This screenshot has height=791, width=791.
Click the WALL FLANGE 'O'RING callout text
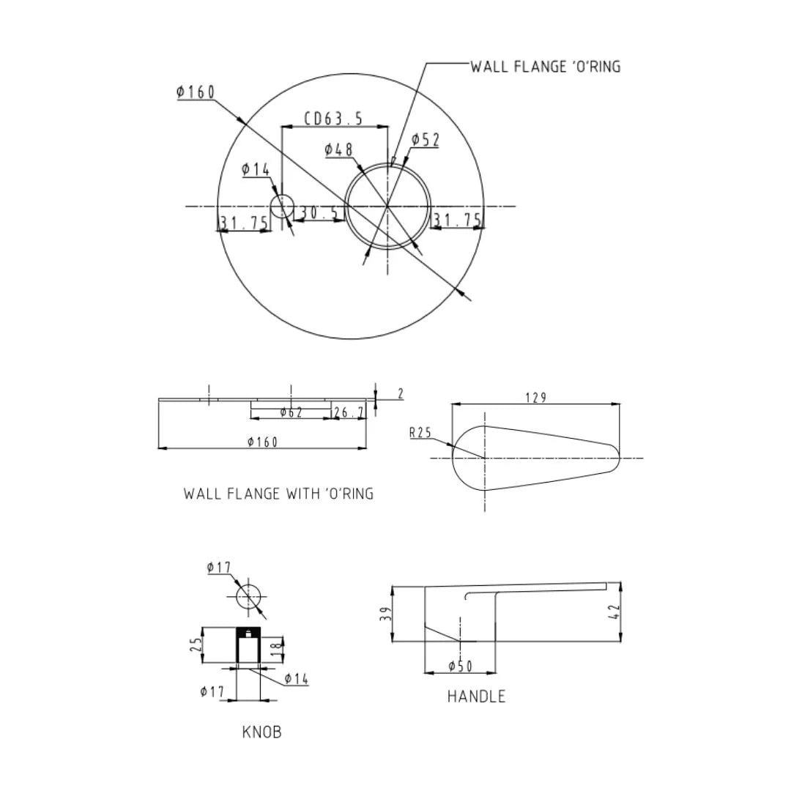click(545, 67)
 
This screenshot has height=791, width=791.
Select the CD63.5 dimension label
click(334, 118)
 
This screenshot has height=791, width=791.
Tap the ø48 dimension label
click(338, 150)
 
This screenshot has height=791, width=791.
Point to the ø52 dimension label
click(425, 140)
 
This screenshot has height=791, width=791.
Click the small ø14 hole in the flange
click(282, 207)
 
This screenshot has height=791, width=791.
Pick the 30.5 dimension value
click(319, 212)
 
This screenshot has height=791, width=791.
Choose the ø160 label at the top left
click(196, 92)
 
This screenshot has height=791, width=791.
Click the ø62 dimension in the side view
click(291, 413)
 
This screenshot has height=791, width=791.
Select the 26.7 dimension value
click(349, 413)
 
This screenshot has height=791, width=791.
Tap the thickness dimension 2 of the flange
click(401, 394)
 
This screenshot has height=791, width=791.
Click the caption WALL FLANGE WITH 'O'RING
click(278, 494)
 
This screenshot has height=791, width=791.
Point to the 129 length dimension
click(535, 398)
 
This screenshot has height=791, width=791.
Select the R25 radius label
click(420, 433)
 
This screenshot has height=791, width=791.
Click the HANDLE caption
click(476, 697)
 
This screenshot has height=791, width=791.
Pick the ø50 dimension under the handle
click(460, 666)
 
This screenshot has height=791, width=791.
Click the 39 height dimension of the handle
click(385, 614)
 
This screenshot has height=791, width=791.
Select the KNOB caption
click(261, 732)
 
